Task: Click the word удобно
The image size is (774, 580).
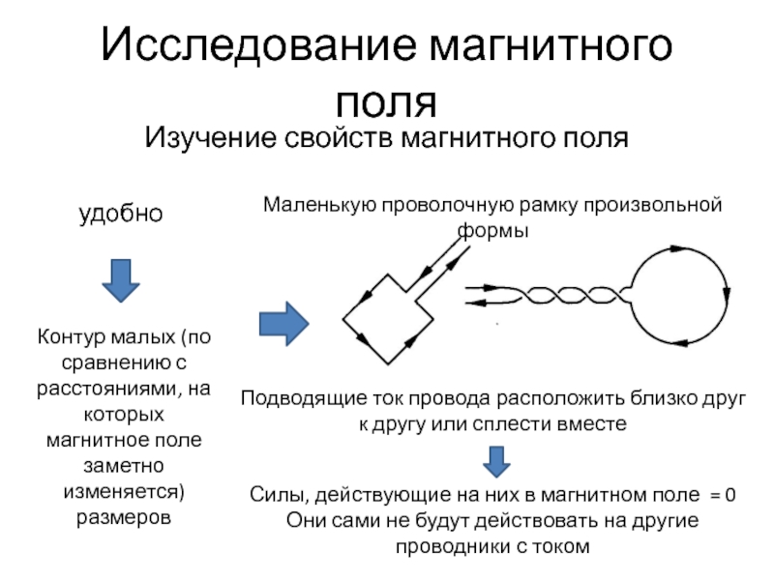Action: (120, 213)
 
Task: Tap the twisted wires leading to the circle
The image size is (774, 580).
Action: (548, 296)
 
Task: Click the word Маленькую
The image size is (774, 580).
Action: (318, 205)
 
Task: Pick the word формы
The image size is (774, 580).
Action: (492, 232)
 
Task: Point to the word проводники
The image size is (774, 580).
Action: (447, 546)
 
